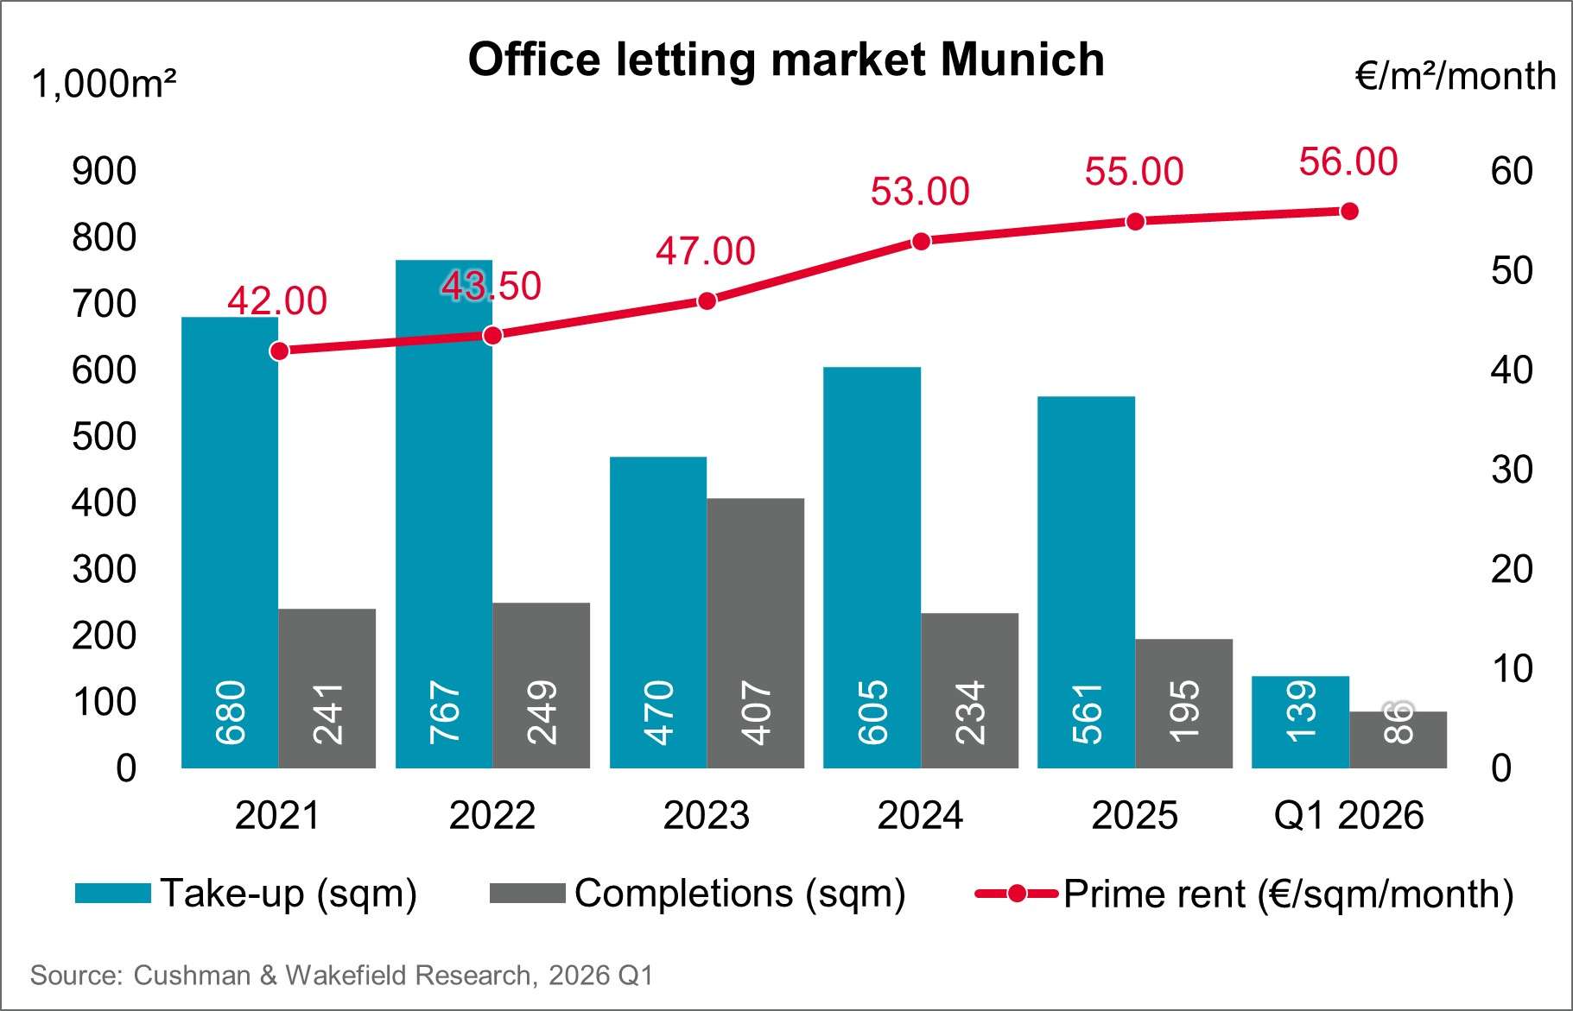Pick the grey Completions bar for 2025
tap(1183, 703)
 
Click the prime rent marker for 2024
tap(921, 242)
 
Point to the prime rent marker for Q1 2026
tap(1349, 212)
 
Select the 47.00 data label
tap(705, 251)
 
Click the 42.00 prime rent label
tap(277, 300)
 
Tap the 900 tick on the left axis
tap(104, 171)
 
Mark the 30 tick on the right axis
tap(1511, 470)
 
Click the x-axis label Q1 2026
tap(1348, 815)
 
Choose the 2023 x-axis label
tap(706, 815)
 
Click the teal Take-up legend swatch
tap(112, 894)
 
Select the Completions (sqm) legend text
tap(739, 894)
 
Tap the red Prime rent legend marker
tap(1017, 894)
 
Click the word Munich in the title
tap(1022, 60)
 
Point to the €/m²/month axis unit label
tap(1456, 77)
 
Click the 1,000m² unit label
tap(104, 85)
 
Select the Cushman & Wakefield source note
tap(341, 976)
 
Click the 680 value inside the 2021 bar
tap(231, 713)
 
